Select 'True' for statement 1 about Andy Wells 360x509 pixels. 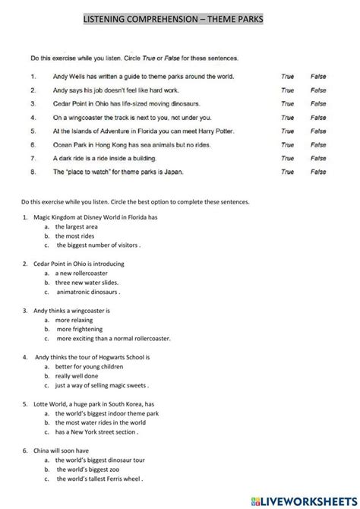[x=287, y=77]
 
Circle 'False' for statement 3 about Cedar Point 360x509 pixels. [x=318, y=104]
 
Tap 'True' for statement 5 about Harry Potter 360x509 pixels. [x=287, y=131]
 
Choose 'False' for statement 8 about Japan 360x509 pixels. [x=318, y=172]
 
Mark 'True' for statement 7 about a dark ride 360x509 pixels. [x=287, y=159]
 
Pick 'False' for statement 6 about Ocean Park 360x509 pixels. [x=318, y=145]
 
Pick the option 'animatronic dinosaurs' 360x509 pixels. [x=88, y=292]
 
